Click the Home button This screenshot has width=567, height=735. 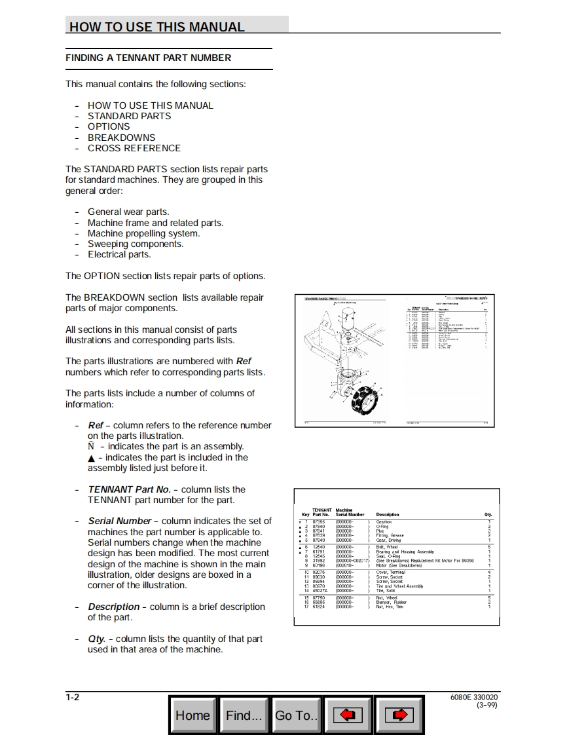click(x=192, y=715)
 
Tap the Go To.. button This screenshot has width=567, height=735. click(x=297, y=715)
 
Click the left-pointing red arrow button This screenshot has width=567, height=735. click(x=348, y=715)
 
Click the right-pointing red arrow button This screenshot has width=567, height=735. click(x=399, y=715)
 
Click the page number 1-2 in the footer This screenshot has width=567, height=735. click(x=73, y=697)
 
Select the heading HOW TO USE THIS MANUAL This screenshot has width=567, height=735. click(x=157, y=27)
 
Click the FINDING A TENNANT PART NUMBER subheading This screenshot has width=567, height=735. click(x=148, y=58)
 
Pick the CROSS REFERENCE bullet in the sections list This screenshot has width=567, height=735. click(x=134, y=148)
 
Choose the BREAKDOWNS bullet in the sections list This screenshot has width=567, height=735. click(x=122, y=138)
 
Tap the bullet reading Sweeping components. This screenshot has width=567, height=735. click(x=136, y=244)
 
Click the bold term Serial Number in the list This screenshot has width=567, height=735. click(x=120, y=521)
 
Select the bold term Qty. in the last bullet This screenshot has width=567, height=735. click(x=97, y=639)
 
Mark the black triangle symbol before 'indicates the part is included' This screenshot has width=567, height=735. click(x=91, y=458)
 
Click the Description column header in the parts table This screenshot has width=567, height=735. click(x=388, y=515)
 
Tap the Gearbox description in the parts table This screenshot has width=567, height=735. click(x=384, y=522)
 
